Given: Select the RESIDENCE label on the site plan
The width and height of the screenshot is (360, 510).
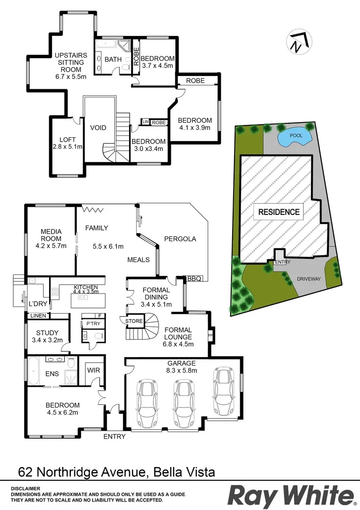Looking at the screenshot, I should [279, 212].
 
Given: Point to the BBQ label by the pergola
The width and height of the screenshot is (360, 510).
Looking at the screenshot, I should [194, 279].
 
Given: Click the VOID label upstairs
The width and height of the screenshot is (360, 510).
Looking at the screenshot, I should [98, 128].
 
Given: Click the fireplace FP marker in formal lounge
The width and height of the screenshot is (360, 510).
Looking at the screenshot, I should [210, 336].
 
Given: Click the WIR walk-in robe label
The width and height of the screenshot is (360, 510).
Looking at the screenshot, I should [93, 371].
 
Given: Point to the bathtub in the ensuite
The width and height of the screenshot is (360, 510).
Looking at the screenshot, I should [33, 372].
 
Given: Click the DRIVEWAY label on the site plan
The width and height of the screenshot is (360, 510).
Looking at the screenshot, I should [309, 279].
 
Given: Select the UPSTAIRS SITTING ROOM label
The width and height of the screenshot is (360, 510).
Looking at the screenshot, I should [68, 62].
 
